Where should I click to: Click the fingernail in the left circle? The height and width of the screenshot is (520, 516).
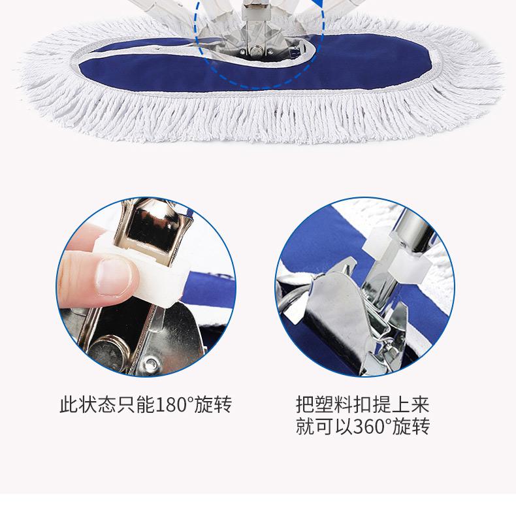click(x=112, y=277)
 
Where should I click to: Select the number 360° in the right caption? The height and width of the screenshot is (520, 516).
click(x=372, y=426)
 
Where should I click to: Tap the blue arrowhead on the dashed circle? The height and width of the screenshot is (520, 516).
click(x=319, y=4)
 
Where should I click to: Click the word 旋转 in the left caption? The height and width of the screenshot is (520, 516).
click(x=213, y=404)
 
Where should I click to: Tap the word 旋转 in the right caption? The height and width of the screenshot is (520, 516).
click(x=411, y=426)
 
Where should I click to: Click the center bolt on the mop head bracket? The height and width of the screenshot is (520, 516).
click(x=255, y=52)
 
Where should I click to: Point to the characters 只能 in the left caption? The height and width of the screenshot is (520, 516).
click(x=136, y=404)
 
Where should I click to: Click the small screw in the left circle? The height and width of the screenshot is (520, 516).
click(x=152, y=363)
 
